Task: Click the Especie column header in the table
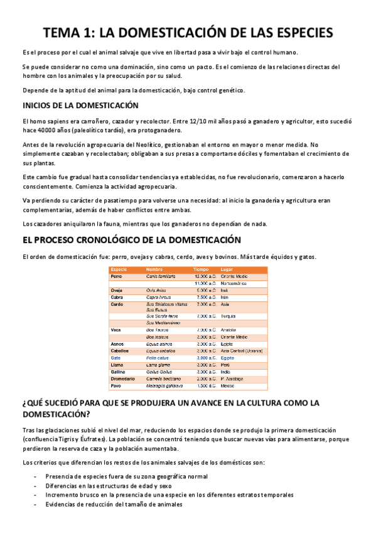click(x=119, y=269)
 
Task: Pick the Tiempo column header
click(x=201, y=269)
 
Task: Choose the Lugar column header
click(x=227, y=269)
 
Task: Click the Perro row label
click(x=117, y=277)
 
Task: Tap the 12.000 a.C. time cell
click(x=205, y=277)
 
